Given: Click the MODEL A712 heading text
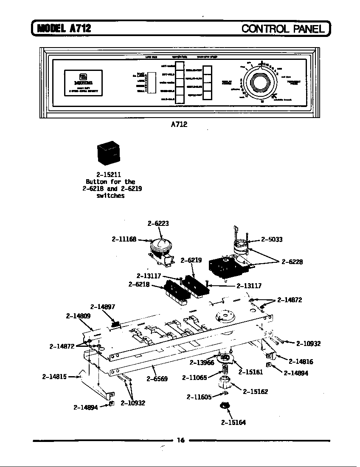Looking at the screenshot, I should (x=64, y=28).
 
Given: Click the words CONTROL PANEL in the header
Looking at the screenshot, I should (x=283, y=28).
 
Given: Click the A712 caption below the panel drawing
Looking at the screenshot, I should (x=179, y=124).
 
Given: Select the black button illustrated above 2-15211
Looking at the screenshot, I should (x=108, y=153).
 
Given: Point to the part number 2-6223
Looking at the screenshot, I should (x=156, y=223).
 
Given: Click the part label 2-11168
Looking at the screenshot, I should (x=124, y=239).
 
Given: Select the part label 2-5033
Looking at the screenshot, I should (x=272, y=239).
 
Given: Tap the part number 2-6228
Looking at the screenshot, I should (x=292, y=262).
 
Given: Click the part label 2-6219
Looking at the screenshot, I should (x=191, y=260).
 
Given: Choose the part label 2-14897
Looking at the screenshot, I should (x=103, y=307).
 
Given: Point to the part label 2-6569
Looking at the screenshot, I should (x=157, y=379).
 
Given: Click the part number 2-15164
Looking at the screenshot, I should (x=233, y=422).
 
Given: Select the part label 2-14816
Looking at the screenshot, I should (x=301, y=362).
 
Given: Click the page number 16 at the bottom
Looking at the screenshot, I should (x=180, y=440).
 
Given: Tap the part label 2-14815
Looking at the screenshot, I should (x=54, y=376).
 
